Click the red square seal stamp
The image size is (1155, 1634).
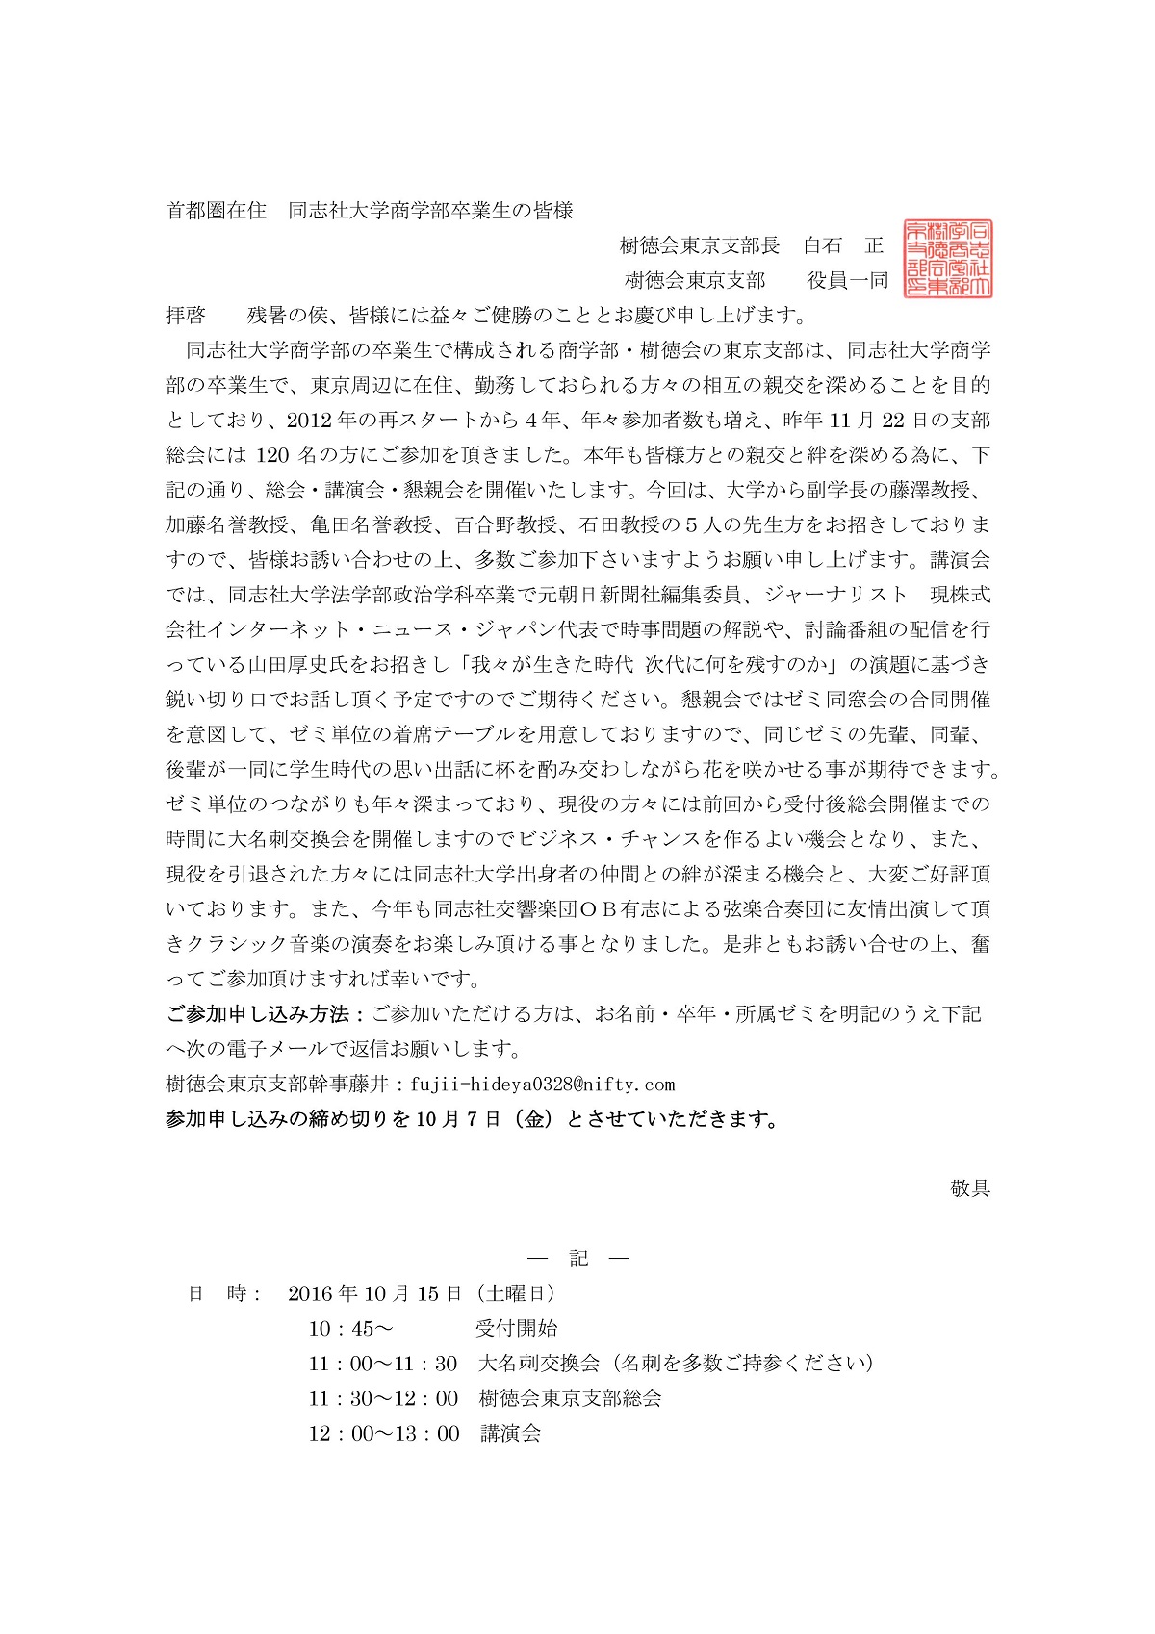click(948, 259)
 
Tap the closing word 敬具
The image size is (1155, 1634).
click(969, 1188)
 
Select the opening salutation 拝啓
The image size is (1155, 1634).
click(186, 315)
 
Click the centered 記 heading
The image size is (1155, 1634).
click(578, 1259)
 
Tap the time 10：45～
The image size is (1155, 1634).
click(350, 1329)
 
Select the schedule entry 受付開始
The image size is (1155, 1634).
click(516, 1329)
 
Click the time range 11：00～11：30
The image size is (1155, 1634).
click(383, 1364)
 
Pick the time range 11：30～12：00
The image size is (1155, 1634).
click(383, 1398)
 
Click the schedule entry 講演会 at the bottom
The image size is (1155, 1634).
click(510, 1433)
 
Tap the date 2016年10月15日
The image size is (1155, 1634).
click(375, 1293)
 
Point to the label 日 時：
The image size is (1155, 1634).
click(224, 1293)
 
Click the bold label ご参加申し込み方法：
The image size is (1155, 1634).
click(266, 1014)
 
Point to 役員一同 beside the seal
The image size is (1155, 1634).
click(848, 280)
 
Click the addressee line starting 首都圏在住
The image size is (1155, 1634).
click(371, 211)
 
